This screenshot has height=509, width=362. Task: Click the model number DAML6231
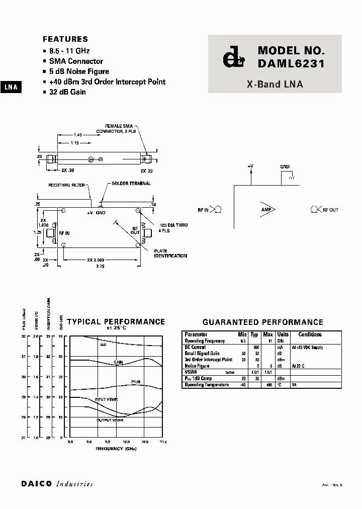pos(291,63)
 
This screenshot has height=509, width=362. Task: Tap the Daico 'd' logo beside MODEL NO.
pos(233,58)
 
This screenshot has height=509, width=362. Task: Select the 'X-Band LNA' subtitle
pos(275,84)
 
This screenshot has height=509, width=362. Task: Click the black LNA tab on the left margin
pos(11,87)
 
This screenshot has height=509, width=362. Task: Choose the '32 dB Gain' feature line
pos(67,92)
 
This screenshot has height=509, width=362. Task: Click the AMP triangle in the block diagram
pos(267,209)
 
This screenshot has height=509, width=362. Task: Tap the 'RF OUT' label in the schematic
pos(330,210)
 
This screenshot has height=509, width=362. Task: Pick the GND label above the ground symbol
pos(285,166)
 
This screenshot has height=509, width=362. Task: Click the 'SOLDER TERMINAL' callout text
pos(131,184)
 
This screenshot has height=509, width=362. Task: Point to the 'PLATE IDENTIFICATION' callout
pos(171,253)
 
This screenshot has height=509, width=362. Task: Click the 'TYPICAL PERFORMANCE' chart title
pos(116,322)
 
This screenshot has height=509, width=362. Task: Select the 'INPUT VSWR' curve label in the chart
pos(106,399)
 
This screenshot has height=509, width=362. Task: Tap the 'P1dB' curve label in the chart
pos(136,382)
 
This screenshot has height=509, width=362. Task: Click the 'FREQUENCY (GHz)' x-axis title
pos(116,448)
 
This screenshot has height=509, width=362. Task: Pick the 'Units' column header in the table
pos(283,334)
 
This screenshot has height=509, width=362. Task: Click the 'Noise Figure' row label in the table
pos(197,366)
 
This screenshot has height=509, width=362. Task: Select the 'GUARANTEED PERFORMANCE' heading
pos(262,322)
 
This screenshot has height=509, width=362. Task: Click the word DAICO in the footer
pos(37,484)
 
